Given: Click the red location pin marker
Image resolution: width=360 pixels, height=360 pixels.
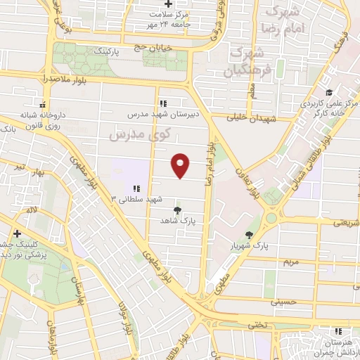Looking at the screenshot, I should point(181,165).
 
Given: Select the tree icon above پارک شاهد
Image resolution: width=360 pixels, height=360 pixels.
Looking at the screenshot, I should point(176,210).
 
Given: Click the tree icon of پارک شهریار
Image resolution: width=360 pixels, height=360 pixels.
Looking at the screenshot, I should point(249,235).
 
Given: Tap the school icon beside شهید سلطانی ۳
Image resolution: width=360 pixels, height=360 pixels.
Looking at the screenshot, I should point(136,188).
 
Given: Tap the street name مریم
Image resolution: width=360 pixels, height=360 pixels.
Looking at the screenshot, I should point(290,262).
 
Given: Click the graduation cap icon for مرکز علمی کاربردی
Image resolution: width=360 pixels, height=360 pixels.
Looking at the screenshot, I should point(328,92).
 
